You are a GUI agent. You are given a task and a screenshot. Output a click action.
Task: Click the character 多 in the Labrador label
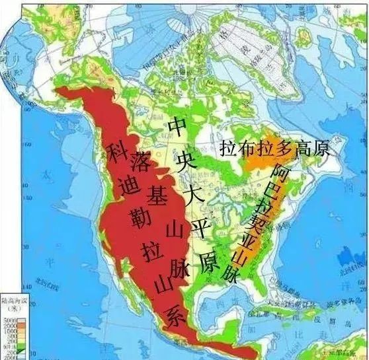286,148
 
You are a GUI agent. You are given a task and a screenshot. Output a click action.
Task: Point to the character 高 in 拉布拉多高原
305,148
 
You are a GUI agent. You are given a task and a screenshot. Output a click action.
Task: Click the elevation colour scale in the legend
9,330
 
